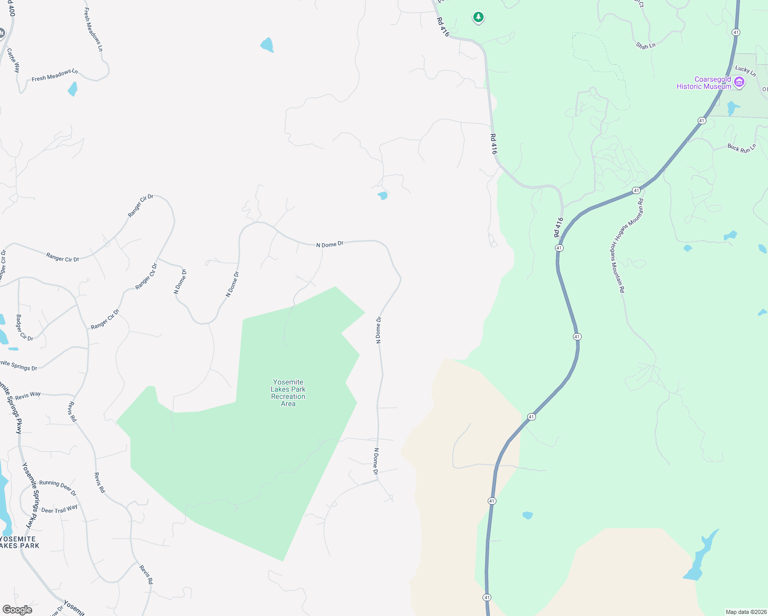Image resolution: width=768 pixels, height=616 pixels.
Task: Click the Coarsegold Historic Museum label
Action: tap(704, 83)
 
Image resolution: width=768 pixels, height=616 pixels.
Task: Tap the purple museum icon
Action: tap(739, 82)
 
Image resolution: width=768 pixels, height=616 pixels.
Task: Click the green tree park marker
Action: tap(478, 17)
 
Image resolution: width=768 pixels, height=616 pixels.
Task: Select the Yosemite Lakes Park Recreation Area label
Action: tap(288, 393)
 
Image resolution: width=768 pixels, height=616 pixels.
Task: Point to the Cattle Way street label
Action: tap(13, 60)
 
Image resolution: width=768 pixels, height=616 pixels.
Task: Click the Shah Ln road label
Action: tap(645, 46)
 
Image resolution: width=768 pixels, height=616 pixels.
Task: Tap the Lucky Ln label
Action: tap(745, 71)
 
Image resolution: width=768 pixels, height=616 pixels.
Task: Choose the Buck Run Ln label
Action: tap(742, 148)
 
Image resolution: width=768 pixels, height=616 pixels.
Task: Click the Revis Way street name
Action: tap(28, 396)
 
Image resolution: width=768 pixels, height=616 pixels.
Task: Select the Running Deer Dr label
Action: tap(57, 487)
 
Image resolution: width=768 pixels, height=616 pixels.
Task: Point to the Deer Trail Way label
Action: tap(59, 509)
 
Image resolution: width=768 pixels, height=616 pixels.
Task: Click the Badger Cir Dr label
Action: tap(24, 328)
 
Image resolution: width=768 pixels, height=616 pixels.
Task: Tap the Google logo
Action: tap(17, 610)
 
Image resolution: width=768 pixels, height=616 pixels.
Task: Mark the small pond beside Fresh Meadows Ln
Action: tap(72, 89)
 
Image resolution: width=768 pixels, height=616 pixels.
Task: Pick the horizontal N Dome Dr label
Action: tap(330, 244)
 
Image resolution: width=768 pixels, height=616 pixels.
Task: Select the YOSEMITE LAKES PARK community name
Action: tap(18, 542)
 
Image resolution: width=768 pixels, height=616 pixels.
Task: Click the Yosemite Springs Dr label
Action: tap(20, 365)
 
